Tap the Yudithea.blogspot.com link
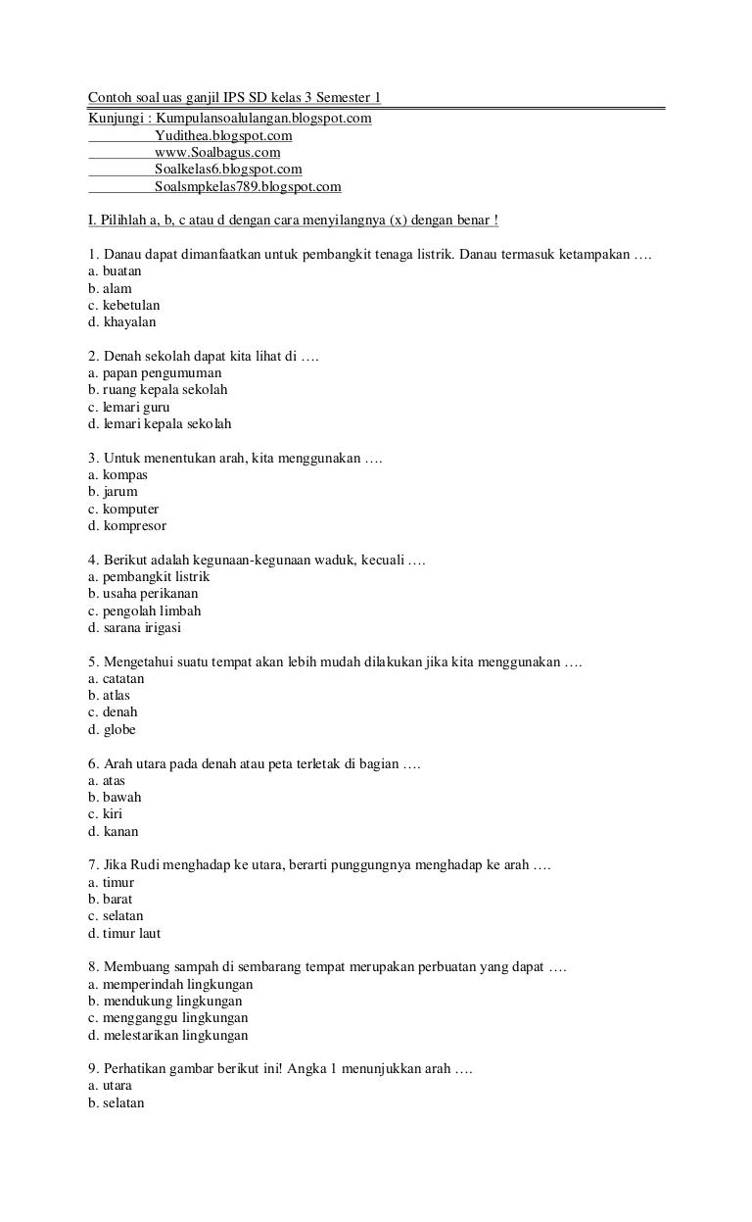[223, 135]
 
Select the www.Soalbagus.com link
[217, 153]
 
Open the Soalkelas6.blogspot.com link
[228, 170]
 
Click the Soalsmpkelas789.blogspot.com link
[248, 186]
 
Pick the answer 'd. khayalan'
[121, 321]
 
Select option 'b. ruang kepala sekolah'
[158, 390]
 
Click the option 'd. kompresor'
[126, 526]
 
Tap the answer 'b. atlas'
[109, 696]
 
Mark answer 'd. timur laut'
[124, 934]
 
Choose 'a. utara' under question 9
[110, 1086]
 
